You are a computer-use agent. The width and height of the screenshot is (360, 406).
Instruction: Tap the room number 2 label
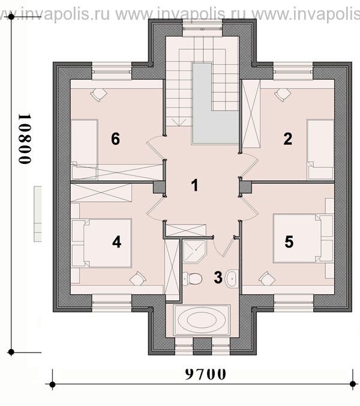coord(288,139)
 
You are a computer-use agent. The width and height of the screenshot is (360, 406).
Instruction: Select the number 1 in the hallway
coord(195,186)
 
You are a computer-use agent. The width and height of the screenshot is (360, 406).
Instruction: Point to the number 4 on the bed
coord(116,243)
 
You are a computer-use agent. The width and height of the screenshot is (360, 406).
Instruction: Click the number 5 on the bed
coord(289,242)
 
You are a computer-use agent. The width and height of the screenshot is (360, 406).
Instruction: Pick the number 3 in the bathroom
coord(218,277)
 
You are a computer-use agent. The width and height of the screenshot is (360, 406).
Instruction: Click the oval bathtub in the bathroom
coord(202,320)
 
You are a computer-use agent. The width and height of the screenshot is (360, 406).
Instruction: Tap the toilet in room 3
coord(192,279)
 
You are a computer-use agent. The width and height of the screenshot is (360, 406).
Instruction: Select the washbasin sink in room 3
coord(232,279)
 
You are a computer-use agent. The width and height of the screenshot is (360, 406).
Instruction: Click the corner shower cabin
coord(194,251)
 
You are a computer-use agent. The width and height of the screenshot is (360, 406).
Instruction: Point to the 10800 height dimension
coord(25,139)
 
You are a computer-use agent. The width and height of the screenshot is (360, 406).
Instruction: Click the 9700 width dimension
coord(206,374)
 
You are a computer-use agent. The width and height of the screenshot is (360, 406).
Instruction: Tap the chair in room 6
coord(99,95)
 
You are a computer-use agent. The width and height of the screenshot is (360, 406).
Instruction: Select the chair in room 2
coord(283,95)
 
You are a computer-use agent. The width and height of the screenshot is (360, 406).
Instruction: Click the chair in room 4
coord(137,279)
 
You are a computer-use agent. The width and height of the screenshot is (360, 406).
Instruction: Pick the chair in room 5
coord(267,279)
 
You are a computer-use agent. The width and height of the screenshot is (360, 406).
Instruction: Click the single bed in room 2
coord(320,150)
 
